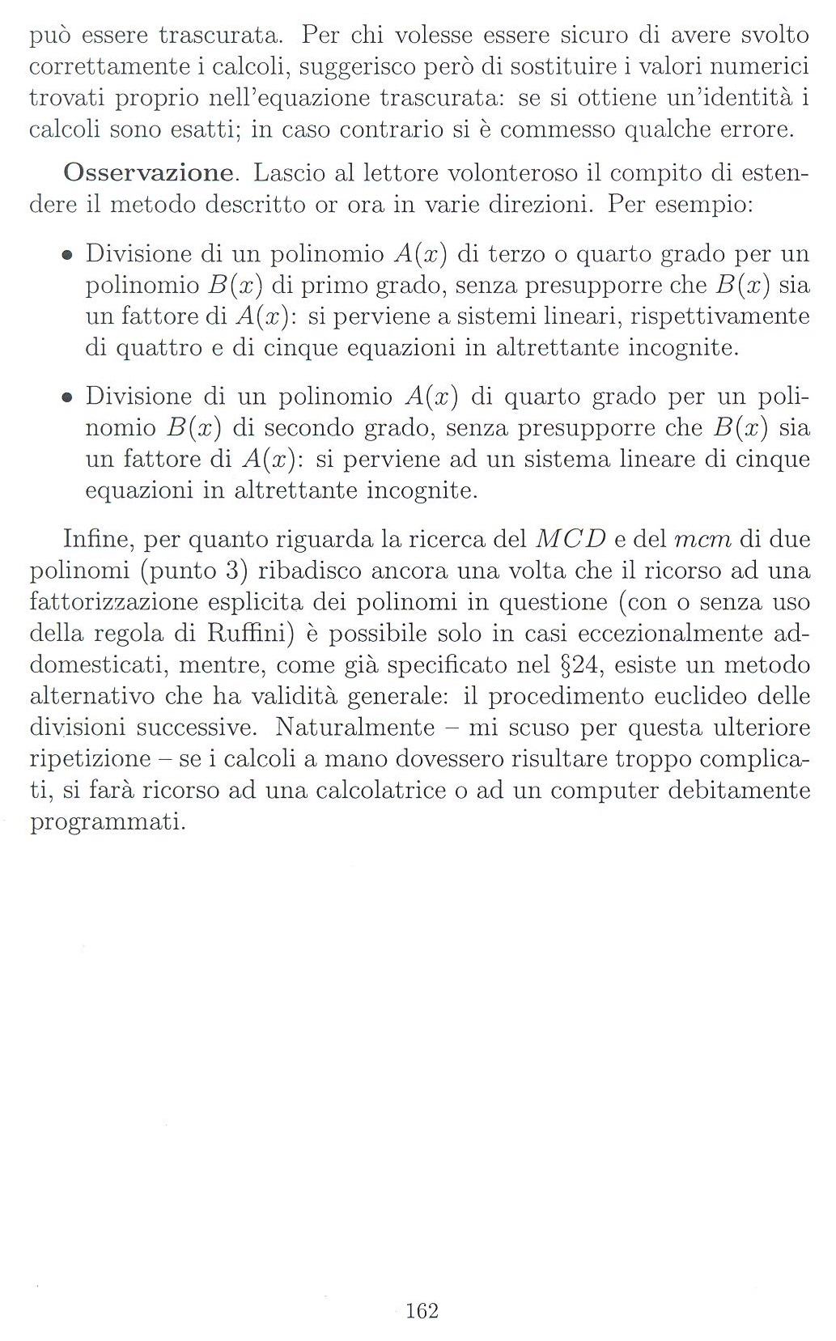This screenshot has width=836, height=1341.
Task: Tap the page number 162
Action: [422, 1310]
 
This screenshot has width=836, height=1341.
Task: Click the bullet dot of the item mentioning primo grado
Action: [68, 256]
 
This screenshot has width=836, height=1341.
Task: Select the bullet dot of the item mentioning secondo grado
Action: [68, 398]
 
